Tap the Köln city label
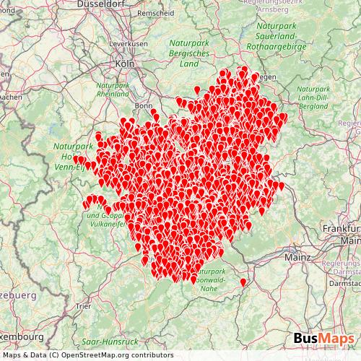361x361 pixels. point(124,64)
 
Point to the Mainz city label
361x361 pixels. point(297,256)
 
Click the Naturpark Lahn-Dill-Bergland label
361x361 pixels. point(313,97)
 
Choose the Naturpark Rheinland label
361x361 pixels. point(113,89)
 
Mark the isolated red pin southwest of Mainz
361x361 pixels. point(243,281)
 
